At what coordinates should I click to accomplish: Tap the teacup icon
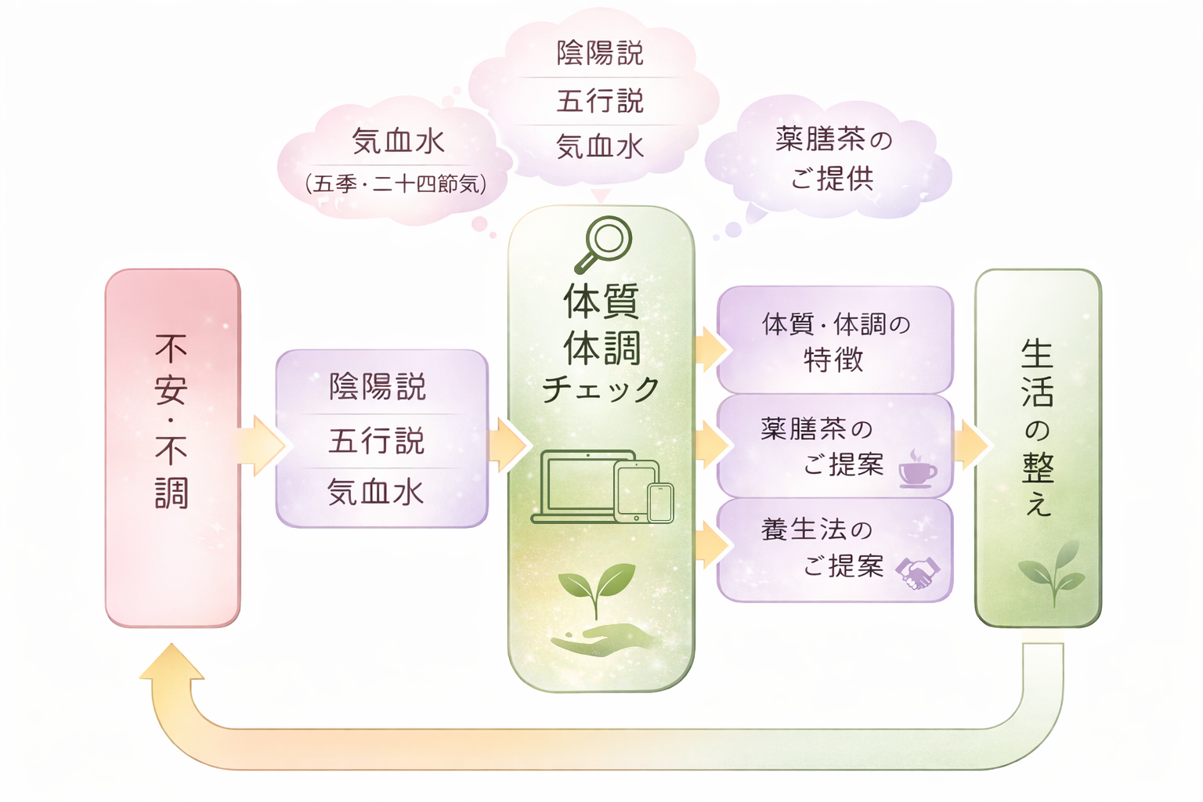click(x=916, y=470)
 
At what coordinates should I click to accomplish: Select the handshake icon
click(x=918, y=573)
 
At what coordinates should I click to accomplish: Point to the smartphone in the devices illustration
click(x=660, y=502)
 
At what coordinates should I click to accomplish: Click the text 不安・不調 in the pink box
click(x=172, y=421)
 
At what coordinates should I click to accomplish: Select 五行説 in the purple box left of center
click(x=377, y=441)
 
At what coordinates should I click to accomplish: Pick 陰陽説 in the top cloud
click(x=600, y=53)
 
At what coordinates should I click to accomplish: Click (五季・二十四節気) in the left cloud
click(x=396, y=184)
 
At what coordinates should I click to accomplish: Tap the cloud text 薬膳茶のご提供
click(x=833, y=159)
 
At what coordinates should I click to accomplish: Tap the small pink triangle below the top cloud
click(x=601, y=195)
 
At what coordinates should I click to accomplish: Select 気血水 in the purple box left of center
click(x=376, y=493)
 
